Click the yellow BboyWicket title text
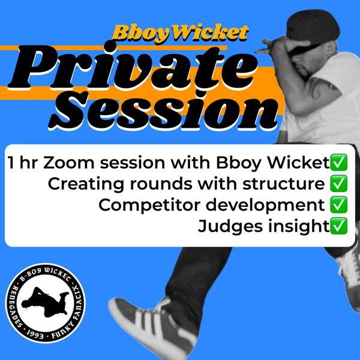[181, 34]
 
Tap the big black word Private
[133, 67]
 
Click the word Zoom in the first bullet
[68, 163]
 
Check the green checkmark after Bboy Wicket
[338, 163]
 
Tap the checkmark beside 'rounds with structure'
[338, 184]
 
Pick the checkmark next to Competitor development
[338, 205]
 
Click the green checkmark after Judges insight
[338, 226]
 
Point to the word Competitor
[149, 205]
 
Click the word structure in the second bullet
[284, 184]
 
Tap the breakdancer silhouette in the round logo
[45, 301]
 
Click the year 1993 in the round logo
[34, 335]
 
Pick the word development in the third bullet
[265, 205]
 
